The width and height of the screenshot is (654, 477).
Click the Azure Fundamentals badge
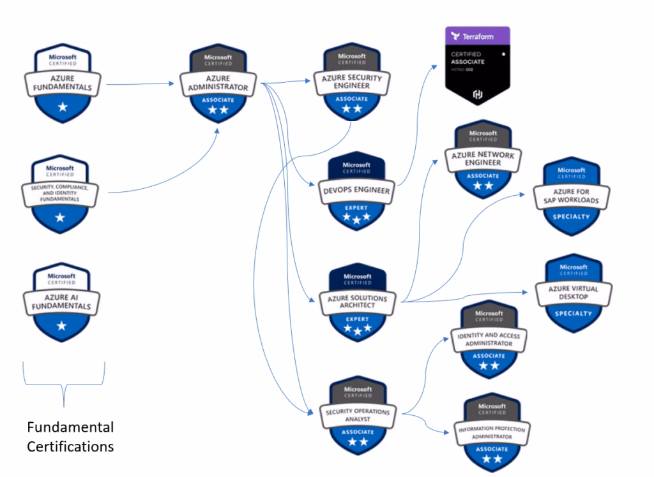coord(62,83)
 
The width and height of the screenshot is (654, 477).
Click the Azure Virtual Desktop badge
coord(573,293)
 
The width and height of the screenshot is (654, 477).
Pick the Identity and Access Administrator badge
coord(489,338)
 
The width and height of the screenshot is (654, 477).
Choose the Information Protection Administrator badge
coord(489,431)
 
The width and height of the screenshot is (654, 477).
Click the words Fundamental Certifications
coord(70,436)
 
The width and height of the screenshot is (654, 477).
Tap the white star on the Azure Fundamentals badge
coord(62,107)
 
